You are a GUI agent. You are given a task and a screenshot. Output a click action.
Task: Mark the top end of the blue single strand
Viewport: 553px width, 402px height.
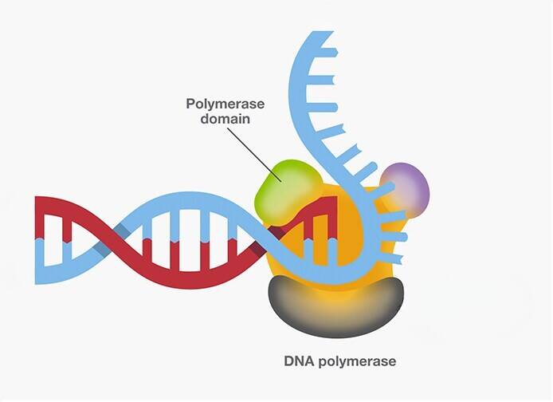320,35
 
